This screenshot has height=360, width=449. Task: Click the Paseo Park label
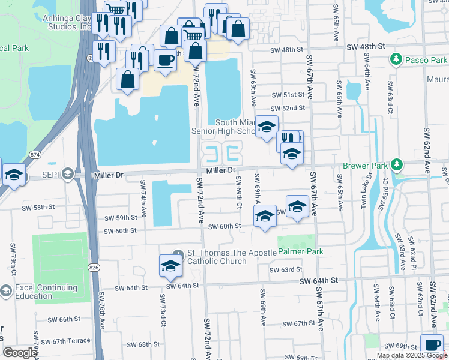426,60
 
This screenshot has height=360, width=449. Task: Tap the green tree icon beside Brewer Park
396,164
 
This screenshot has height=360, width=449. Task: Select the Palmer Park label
300,252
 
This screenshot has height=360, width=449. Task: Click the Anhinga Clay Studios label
67,22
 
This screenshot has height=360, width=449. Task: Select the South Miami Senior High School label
223,127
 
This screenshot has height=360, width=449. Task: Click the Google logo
20,353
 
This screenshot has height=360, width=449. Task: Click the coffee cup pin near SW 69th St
432,344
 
